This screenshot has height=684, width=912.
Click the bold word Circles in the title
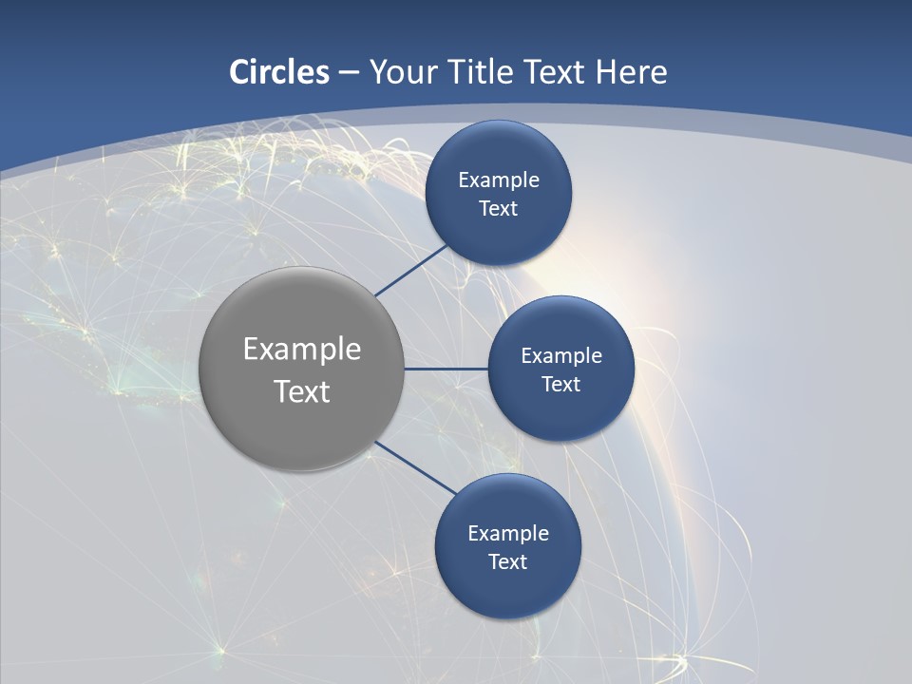pyautogui.click(x=279, y=72)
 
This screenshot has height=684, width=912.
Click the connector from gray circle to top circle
pyautogui.click(x=411, y=271)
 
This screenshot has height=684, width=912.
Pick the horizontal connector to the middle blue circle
pyautogui.click(x=446, y=369)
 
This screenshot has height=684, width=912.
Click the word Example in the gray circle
pyautogui.click(x=302, y=349)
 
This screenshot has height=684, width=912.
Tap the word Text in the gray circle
pyautogui.click(x=302, y=391)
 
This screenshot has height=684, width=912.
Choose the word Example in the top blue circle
pyautogui.click(x=499, y=180)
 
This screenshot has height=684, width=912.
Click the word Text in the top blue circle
pyautogui.click(x=498, y=208)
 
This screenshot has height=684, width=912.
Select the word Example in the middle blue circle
pyautogui.click(x=561, y=355)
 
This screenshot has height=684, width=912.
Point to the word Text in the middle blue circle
pyautogui.click(x=560, y=384)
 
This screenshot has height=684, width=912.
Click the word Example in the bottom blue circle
pyautogui.click(x=508, y=533)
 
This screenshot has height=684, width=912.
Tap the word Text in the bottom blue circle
pyautogui.click(x=507, y=561)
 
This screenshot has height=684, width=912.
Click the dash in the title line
pyautogui.click(x=349, y=72)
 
